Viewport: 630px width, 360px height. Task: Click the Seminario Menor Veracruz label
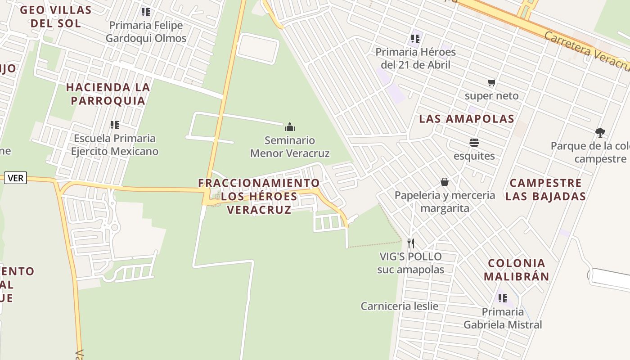click(290, 147)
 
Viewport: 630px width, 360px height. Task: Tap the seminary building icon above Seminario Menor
click(290, 127)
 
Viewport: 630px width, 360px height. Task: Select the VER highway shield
click(16, 178)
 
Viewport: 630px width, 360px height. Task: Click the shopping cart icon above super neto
click(491, 83)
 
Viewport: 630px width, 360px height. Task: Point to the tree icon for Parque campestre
click(600, 132)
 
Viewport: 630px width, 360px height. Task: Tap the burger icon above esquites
click(474, 143)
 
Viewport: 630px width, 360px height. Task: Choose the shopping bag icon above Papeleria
click(445, 182)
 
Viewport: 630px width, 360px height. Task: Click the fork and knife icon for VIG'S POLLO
click(410, 243)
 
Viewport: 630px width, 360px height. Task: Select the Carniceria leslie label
click(399, 306)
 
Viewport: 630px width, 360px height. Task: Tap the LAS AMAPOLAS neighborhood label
click(467, 119)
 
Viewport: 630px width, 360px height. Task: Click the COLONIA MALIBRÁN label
click(517, 270)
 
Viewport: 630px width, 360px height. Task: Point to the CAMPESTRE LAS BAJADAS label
click(545, 189)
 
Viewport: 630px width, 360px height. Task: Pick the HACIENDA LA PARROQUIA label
click(108, 94)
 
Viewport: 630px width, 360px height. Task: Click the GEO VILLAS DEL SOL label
click(56, 17)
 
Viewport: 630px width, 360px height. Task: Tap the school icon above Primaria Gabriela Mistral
click(503, 298)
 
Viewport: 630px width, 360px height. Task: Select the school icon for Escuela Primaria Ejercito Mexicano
click(115, 125)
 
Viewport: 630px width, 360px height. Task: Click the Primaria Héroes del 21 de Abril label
click(415, 58)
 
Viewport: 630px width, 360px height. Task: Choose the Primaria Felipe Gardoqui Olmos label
click(146, 32)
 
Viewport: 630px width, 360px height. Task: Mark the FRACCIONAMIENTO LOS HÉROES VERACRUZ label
click(259, 196)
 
